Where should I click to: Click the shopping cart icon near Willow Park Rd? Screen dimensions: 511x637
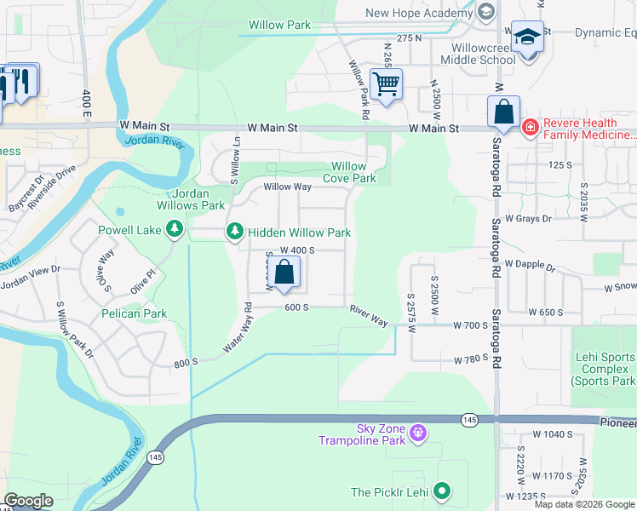(386, 84)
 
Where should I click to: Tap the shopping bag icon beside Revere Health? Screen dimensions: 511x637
(503, 112)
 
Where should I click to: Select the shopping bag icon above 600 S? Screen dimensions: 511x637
(286, 273)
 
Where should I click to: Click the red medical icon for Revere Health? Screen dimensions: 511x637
(530, 128)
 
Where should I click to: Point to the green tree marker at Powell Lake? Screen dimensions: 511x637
(175, 228)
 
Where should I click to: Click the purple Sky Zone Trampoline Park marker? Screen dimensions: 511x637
(417, 433)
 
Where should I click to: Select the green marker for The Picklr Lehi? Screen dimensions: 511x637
(441, 491)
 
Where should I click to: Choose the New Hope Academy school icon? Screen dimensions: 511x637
(485, 12)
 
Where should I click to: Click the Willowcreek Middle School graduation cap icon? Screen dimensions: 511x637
(527, 38)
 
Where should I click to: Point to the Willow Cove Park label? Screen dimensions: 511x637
(349, 172)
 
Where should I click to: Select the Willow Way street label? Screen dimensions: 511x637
(287, 187)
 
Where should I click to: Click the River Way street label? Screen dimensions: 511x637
(368, 316)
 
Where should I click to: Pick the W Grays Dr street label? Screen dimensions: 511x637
(528, 218)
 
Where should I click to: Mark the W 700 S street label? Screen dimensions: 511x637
(469, 325)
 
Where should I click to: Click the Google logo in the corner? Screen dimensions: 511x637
(28, 501)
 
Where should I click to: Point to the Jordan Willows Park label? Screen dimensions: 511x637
(190, 199)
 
